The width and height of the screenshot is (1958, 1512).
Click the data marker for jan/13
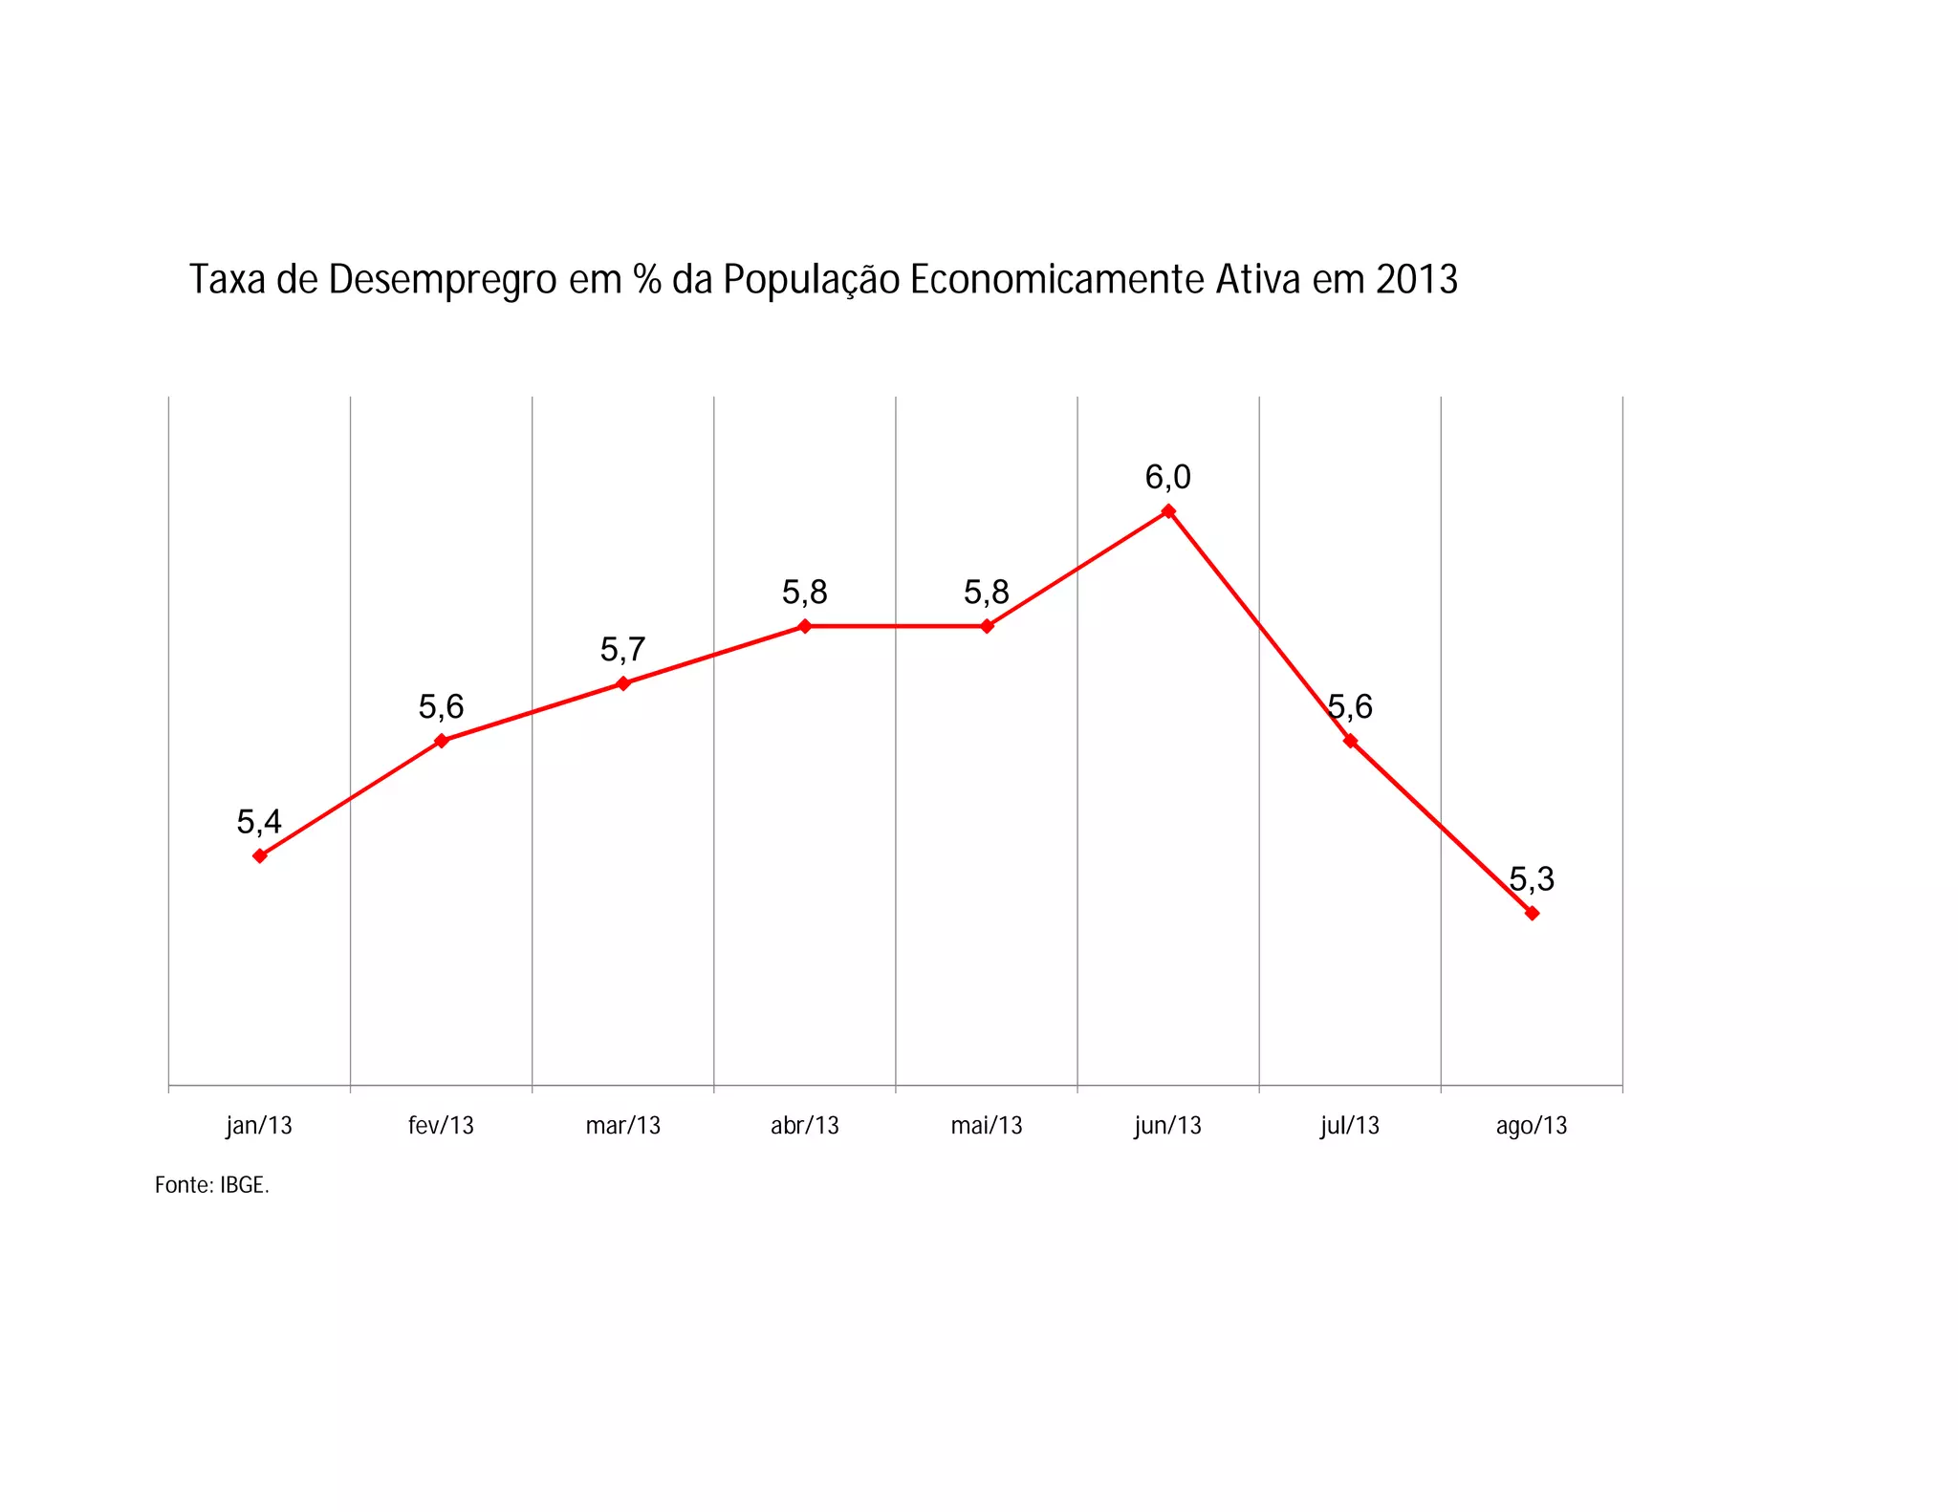[259, 855]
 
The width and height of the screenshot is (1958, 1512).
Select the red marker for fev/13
[441, 741]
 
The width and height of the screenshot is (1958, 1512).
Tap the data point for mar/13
[623, 683]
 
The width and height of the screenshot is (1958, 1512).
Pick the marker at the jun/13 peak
[1168, 511]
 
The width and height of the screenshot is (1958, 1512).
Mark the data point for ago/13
[1532, 913]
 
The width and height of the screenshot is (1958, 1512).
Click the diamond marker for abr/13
[805, 626]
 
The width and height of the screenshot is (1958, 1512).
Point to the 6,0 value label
[1168, 477]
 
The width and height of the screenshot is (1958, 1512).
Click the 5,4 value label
[259, 821]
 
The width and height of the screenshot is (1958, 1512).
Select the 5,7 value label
[623, 650]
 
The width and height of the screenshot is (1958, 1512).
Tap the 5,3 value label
[1532, 878]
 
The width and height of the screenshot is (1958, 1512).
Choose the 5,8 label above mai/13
[987, 593]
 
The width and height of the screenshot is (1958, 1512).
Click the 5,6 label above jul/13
[1350, 707]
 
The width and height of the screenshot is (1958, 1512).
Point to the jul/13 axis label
[1350, 1125]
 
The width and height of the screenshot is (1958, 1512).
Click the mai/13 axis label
[987, 1125]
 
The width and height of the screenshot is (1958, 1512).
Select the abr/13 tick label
[805, 1125]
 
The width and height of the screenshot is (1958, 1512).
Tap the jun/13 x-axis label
[1168, 1125]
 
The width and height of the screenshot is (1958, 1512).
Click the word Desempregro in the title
[443, 280]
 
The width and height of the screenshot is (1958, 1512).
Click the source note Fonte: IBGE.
[212, 1185]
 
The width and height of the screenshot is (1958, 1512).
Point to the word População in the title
[811, 280]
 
